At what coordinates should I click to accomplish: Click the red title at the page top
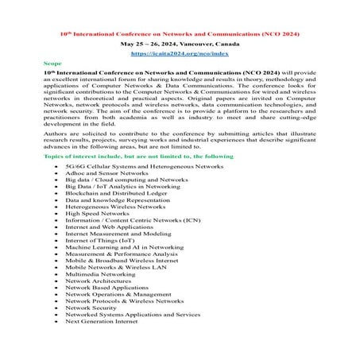pos(180,34)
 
